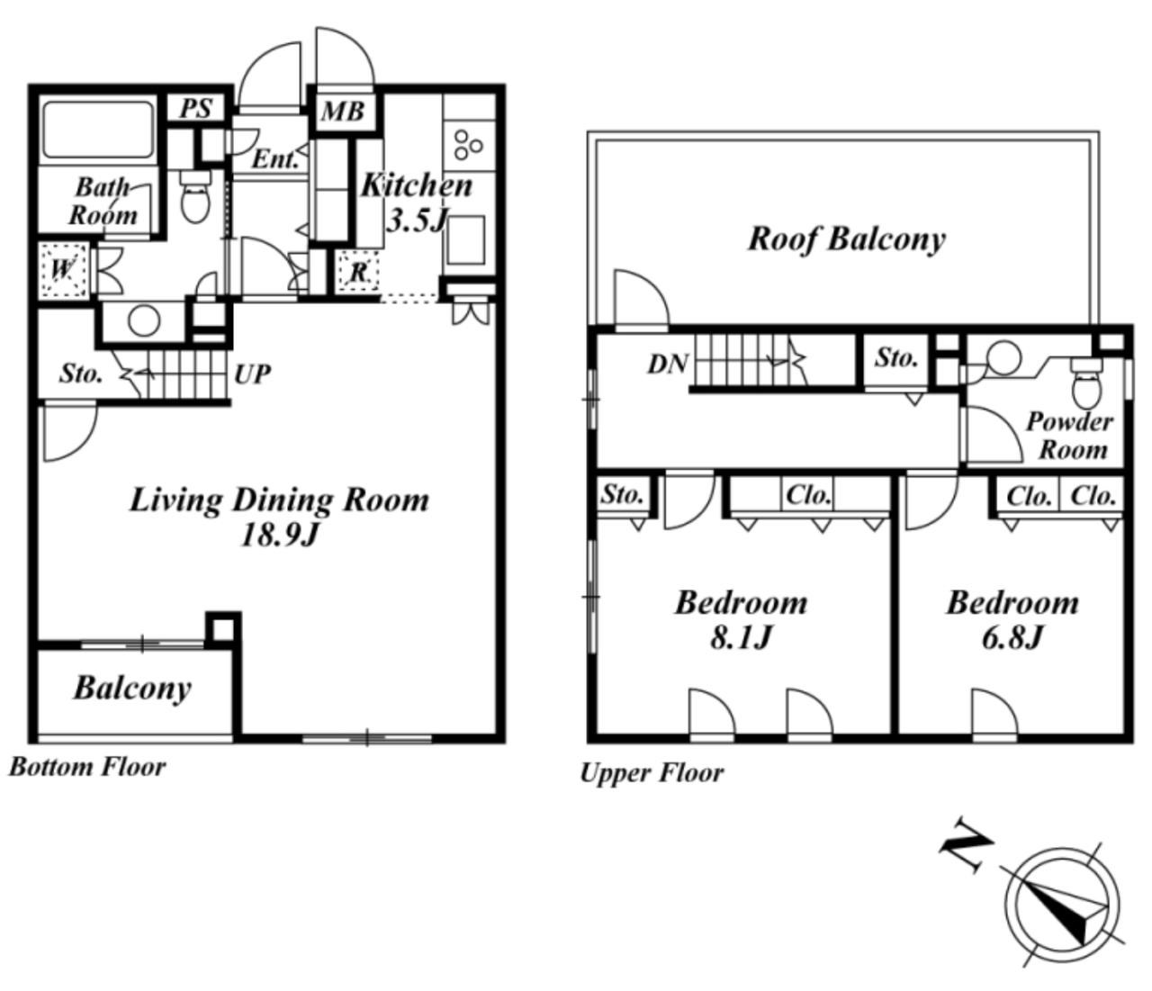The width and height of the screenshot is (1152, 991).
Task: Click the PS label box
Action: tap(196, 109)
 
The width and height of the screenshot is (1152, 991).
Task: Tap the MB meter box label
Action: tap(342, 112)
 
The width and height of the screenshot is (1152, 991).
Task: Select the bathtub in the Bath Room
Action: tap(98, 130)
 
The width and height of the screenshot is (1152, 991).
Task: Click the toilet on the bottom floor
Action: tap(195, 195)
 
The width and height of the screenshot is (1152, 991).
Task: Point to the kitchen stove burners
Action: tap(468, 146)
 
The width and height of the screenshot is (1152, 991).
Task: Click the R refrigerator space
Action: tap(358, 272)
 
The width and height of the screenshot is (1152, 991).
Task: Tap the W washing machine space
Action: tap(64, 270)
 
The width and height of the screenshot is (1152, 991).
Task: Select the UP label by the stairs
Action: tap(252, 374)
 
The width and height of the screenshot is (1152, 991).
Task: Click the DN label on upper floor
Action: tap(668, 364)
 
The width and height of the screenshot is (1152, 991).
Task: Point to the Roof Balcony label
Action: tap(846, 239)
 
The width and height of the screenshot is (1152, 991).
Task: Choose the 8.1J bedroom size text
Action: tap(741, 637)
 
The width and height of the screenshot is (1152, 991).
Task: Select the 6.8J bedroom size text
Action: tap(1012, 637)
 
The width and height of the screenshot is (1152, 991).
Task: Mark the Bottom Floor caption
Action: tap(87, 768)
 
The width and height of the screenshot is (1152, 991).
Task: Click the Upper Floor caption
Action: tap(652, 773)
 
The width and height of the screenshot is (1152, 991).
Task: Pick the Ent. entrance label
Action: tap(274, 160)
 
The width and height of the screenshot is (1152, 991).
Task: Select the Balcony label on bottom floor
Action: tap(132, 689)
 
